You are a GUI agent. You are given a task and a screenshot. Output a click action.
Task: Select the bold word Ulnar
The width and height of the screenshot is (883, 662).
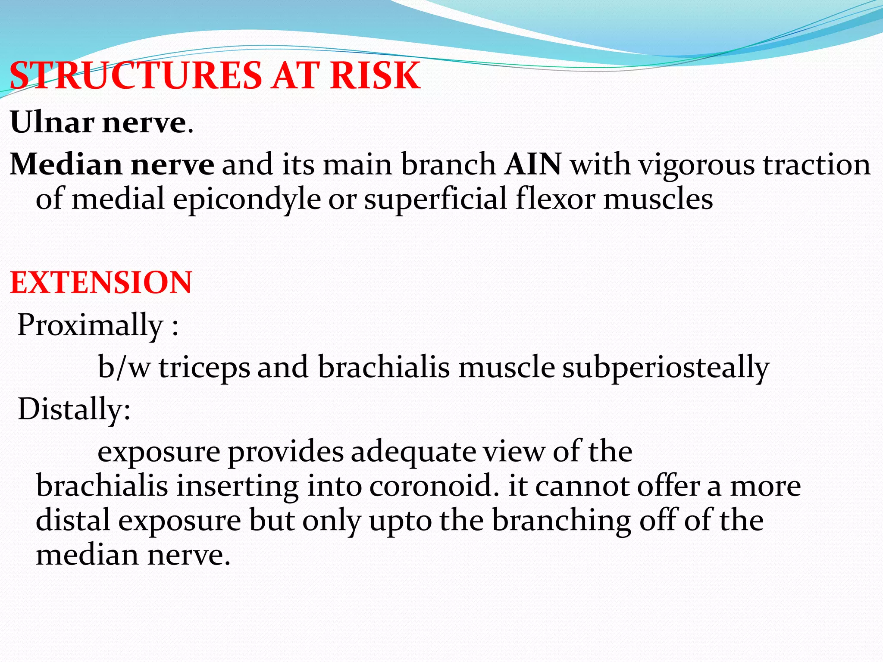[52, 122]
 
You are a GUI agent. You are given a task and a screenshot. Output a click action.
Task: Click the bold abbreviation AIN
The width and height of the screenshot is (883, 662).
[533, 164]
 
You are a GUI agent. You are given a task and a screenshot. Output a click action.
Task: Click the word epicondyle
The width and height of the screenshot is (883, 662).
[247, 200]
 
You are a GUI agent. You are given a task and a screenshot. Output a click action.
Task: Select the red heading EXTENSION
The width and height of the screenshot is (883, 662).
[101, 283]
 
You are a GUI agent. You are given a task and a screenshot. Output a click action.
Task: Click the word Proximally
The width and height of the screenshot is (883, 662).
[90, 325]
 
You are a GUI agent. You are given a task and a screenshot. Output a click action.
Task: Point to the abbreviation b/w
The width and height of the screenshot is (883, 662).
[124, 367]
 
